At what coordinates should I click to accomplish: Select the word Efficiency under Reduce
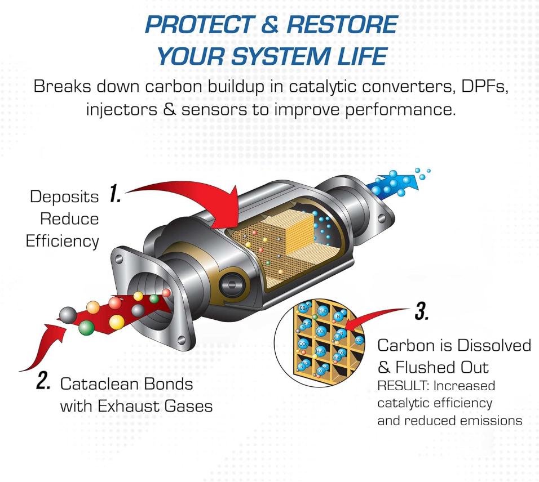(x=62, y=241)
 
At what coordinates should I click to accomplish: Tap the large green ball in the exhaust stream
(x=86, y=326)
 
